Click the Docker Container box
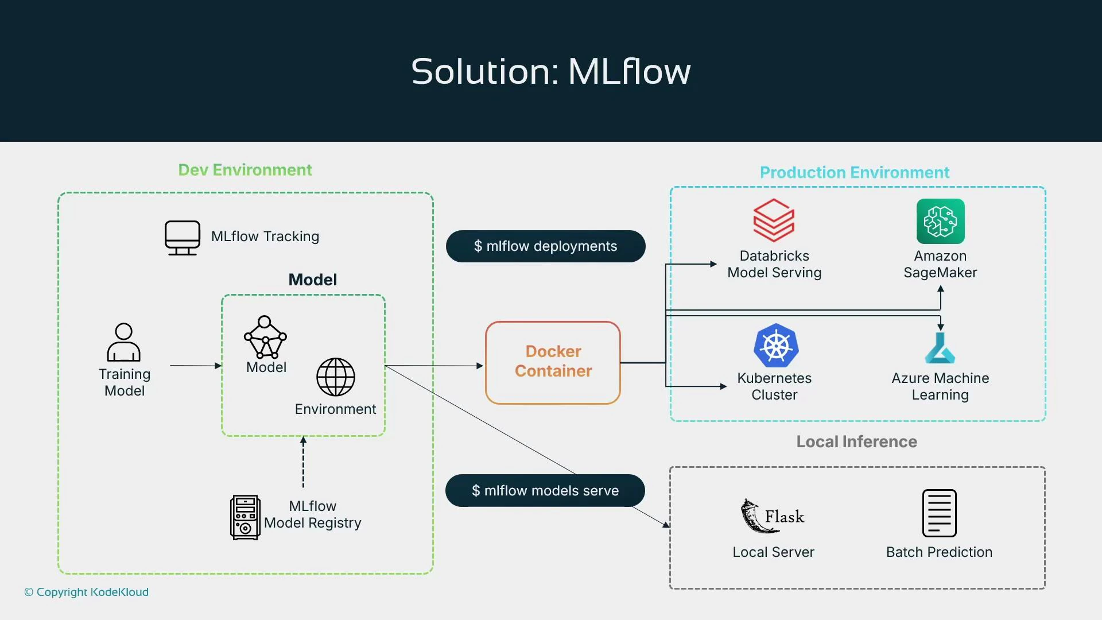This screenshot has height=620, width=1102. coord(553,362)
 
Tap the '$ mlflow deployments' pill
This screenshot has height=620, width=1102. coord(545,246)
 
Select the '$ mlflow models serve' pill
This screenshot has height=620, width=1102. coord(545,491)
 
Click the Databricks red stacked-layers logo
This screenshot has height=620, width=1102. coord(774,220)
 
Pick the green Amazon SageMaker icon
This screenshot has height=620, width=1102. coord(940,222)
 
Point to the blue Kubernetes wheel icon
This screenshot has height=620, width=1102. coord(775,346)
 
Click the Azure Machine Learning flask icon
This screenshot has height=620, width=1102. coord(940,348)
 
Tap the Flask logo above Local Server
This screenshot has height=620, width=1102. coord(773,516)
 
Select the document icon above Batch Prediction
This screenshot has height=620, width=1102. coord(939,513)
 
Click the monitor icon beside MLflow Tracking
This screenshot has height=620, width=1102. coord(183,237)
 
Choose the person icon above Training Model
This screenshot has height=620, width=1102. coord(123,342)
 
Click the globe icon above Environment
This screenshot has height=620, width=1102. coord(336,377)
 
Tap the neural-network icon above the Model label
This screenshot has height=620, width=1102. coord(265,337)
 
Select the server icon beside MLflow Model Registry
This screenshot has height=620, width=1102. coord(245,517)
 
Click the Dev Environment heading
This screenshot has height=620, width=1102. coord(245,170)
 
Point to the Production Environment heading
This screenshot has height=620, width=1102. coord(854,173)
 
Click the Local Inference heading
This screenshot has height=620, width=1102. coord(856,441)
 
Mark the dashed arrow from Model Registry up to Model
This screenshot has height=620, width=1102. coord(304,462)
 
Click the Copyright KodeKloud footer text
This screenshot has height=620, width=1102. coord(87,592)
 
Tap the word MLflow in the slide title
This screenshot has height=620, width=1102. coord(629,72)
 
